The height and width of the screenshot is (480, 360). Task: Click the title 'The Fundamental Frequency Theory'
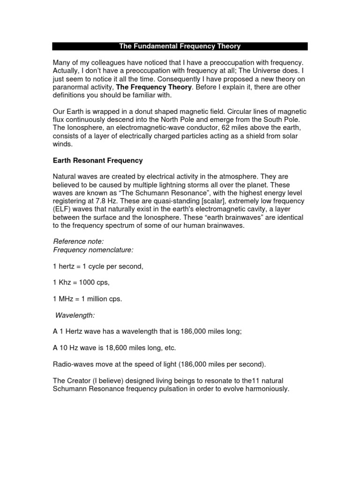tap(180, 46)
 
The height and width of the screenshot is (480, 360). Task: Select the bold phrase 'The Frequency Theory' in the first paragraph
tap(153, 87)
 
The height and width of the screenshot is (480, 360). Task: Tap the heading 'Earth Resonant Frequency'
tap(97, 160)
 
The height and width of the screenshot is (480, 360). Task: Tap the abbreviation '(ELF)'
tap(62, 209)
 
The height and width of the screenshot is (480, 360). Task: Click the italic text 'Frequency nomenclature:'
tap(90, 250)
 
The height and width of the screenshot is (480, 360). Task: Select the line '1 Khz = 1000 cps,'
tap(82, 283)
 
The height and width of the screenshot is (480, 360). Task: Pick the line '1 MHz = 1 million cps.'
tap(87, 299)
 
